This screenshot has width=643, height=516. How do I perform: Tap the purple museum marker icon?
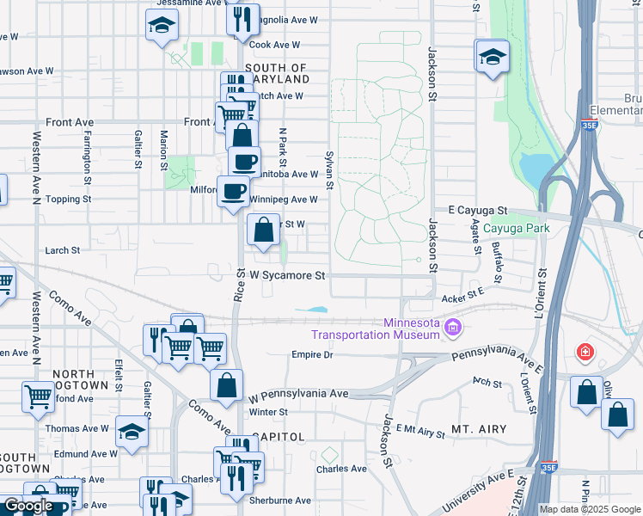point(454,328)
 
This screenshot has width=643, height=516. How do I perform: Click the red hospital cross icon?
point(585,353)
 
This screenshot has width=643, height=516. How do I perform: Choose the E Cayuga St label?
point(479,211)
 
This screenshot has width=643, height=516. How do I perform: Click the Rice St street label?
point(239,284)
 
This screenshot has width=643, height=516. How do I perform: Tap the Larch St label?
point(62,250)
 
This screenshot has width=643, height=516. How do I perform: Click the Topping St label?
point(69,199)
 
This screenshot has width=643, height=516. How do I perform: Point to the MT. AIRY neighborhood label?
point(478,428)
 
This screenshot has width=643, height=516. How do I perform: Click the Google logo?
point(28,506)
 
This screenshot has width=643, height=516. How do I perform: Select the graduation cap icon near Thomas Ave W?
point(132,431)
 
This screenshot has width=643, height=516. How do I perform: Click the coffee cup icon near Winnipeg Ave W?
point(233,191)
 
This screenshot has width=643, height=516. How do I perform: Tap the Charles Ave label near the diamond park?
point(341,469)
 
